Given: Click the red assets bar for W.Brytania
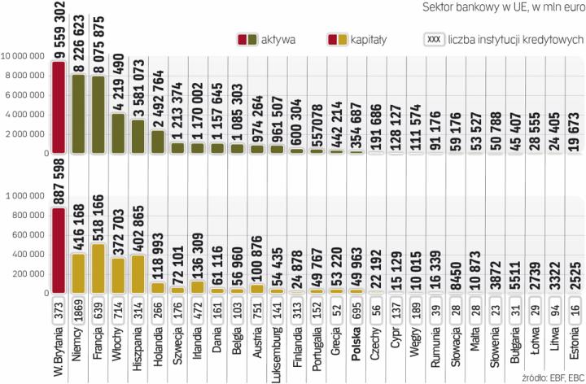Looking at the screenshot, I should (58, 106).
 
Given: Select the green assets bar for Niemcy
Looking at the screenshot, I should (79, 114).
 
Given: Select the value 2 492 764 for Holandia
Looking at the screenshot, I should (157, 99).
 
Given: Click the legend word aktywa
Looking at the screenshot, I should (283, 39).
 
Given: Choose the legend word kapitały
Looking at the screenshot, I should (371, 39).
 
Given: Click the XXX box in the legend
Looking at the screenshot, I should (435, 39).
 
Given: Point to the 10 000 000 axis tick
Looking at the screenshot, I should (27, 56).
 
